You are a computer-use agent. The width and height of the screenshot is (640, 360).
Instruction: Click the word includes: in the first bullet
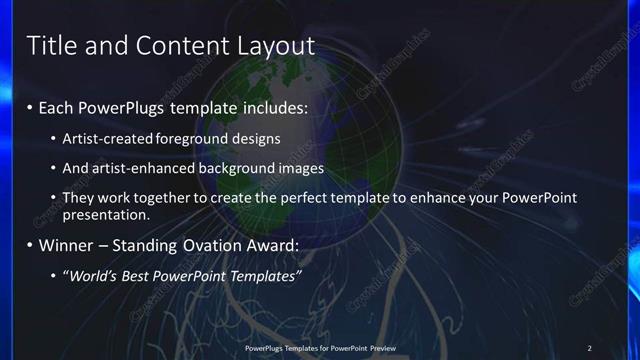pyautogui.click(x=270, y=107)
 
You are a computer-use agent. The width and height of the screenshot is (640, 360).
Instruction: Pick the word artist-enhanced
pyautogui.click(x=135, y=168)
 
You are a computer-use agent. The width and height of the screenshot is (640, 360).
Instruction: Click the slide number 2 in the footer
pyautogui.click(x=589, y=348)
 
